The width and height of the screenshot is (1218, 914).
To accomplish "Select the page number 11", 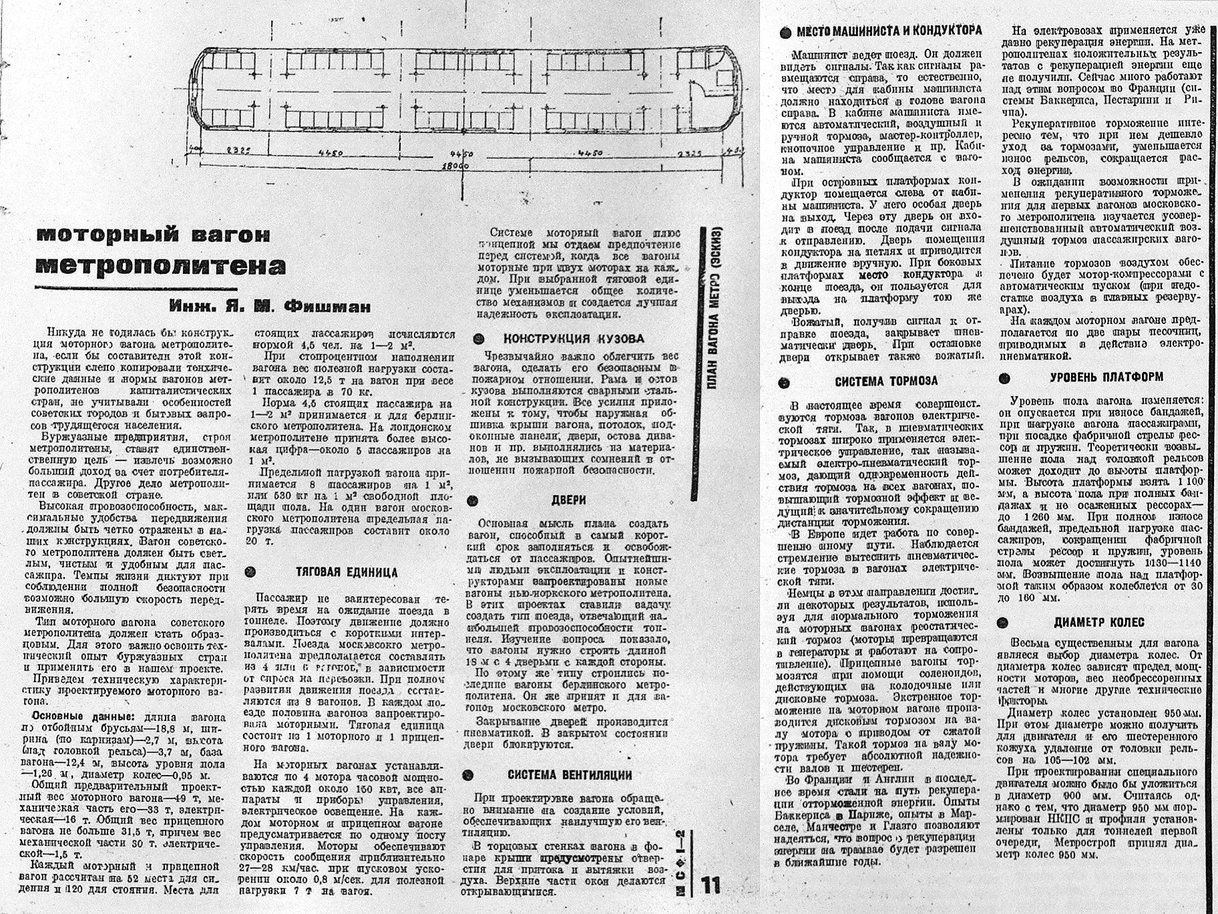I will [711, 886].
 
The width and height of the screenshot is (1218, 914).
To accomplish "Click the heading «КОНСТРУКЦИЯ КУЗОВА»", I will [574, 338].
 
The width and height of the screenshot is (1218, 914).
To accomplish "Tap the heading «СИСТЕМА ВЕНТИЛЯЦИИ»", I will [570, 775].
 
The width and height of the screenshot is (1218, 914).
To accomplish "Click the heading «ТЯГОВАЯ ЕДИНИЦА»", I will [347, 573].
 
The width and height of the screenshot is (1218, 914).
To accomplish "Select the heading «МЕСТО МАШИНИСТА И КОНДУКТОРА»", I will [889, 31].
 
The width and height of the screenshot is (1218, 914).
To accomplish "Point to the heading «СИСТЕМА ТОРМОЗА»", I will [886, 382].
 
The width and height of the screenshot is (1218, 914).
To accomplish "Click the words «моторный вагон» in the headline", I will [154, 235].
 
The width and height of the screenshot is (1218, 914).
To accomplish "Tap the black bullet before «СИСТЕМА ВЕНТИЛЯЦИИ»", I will [468, 775].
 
